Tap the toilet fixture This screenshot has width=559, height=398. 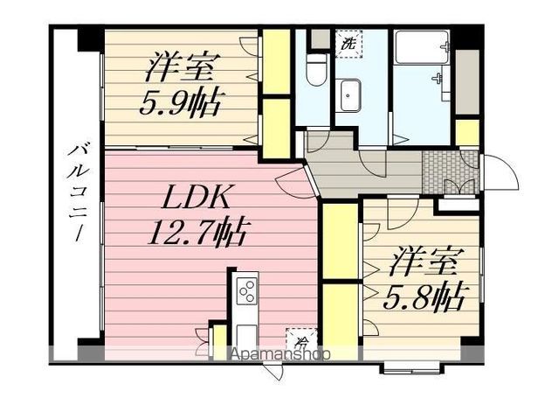point(318,68)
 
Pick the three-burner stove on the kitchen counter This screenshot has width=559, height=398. point(246,290)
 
